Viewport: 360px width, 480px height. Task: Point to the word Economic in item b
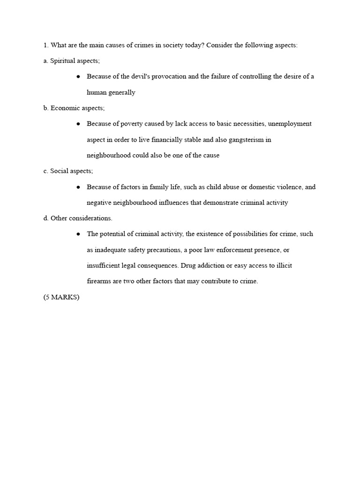tap(65, 108)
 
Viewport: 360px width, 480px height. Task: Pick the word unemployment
tap(290, 124)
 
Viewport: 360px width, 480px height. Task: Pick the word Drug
tap(188, 266)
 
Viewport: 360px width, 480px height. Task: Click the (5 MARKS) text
tap(61, 297)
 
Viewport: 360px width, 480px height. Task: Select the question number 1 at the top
tap(45, 45)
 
